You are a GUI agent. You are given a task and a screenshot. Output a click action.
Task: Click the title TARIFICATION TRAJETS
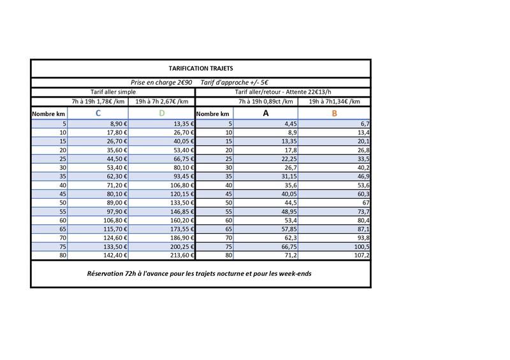click(x=201, y=68)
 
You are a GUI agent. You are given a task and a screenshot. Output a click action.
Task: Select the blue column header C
click(x=98, y=113)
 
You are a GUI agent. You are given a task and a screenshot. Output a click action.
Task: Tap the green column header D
click(x=161, y=113)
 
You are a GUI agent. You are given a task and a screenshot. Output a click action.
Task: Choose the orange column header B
click(x=334, y=113)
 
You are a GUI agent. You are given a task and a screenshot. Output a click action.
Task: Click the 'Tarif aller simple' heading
click(x=113, y=92)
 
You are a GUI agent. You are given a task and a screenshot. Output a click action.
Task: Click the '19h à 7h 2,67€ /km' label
click(x=162, y=101)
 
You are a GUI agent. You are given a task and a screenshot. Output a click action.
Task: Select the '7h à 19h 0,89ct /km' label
click(x=266, y=101)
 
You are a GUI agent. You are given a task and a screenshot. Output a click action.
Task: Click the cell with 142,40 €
click(x=115, y=256)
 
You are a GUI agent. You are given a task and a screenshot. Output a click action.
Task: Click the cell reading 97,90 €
click(x=115, y=212)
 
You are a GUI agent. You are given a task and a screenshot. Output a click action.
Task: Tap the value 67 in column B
click(x=365, y=203)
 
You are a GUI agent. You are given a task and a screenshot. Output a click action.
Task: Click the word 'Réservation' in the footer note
click(x=106, y=274)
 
